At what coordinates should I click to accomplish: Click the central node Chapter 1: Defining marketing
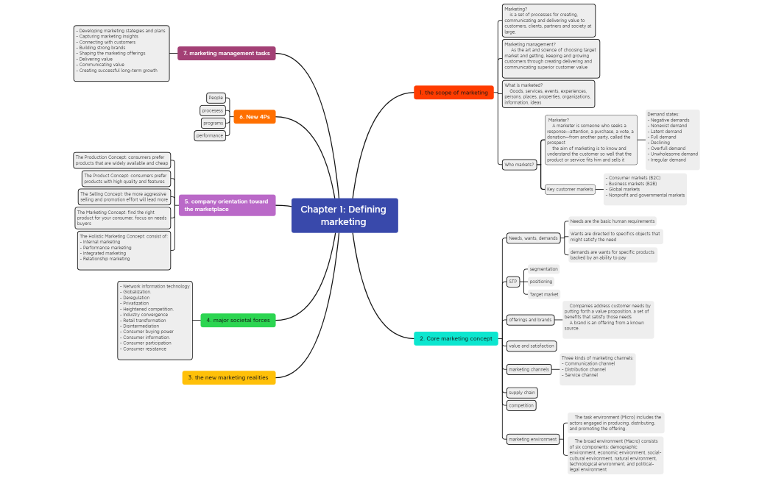[345, 215]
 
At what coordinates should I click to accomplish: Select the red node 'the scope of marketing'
[453, 93]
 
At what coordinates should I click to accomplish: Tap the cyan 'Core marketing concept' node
[455, 339]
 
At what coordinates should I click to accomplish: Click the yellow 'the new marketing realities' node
[229, 377]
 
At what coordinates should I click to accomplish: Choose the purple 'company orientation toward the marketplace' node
[227, 205]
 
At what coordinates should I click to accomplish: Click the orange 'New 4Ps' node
[255, 117]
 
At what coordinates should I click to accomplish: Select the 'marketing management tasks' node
[227, 53]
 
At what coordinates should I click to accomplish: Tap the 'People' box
[216, 98]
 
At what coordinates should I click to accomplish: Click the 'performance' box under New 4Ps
[210, 135]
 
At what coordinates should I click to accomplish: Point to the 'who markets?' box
[519, 165]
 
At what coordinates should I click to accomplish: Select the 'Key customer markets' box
[570, 189]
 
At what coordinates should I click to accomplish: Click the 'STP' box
[513, 282]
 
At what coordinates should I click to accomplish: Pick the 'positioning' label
[541, 282]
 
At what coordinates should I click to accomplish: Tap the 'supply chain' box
[521, 393]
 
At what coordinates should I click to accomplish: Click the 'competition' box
[521, 405]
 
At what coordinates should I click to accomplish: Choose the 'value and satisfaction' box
[532, 346]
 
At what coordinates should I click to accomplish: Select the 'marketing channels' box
[529, 369]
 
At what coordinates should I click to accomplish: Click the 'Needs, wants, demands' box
[534, 238]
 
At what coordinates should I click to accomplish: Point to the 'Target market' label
[545, 294]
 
